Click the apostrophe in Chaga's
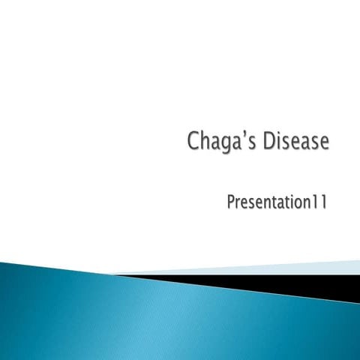pyautogui.click(x=244, y=134)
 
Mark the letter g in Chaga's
pyautogui.click(x=223, y=144)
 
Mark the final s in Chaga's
pyautogui.click(x=252, y=143)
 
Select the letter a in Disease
pyautogui.click(x=304, y=143)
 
